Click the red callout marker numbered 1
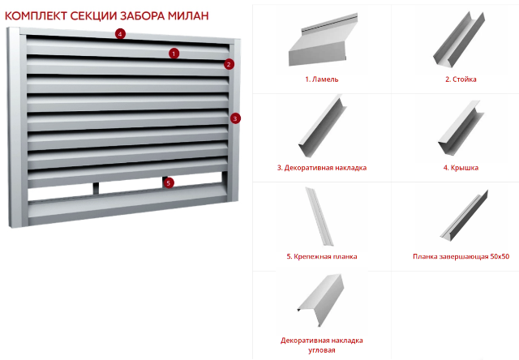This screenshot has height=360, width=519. [x=174, y=54]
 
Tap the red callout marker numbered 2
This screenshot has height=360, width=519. [x=229, y=64]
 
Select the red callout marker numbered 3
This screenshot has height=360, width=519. [x=235, y=118]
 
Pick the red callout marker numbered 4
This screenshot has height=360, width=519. [x=120, y=34]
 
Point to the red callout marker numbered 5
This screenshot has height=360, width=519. [x=169, y=182]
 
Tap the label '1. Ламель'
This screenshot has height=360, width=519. [x=322, y=79]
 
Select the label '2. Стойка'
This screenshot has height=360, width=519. [x=461, y=79]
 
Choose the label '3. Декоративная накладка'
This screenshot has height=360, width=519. [x=322, y=168]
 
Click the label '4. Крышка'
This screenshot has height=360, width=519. [x=461, y=168]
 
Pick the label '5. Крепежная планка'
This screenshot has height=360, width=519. [x=322, y=256]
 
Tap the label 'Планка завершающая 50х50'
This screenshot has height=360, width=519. [x=461, y=256]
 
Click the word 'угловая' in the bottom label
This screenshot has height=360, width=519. [x=322, y=350]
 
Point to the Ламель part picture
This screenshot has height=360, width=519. [x=323, y=40]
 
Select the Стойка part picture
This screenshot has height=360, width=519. [x=459, y=40]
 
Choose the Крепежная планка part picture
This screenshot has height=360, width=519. [x=319, y=216]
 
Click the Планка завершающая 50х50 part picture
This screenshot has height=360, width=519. [x=465, y=215]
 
